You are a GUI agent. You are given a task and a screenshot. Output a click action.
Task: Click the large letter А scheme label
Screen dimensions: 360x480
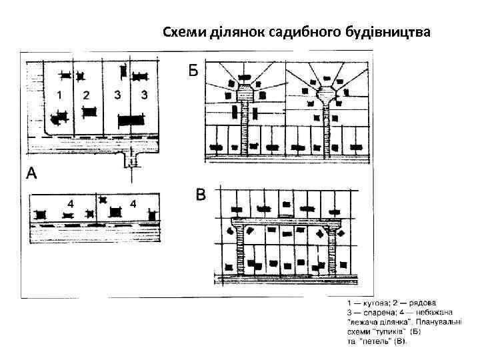pyautogui.click(x=32, y=175)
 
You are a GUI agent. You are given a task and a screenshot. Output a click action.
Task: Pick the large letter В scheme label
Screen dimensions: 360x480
pyautogui.click(x=201, y=195)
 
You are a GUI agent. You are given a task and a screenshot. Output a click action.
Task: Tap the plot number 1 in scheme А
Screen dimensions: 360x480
pyautogui.click(x=60, y=95)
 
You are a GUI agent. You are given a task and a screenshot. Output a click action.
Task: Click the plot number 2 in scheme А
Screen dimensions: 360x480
pyautogui.click(x=85, y=95)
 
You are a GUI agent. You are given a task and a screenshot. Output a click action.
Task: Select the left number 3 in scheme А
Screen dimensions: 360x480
pyautogui.click(x=118, y=95)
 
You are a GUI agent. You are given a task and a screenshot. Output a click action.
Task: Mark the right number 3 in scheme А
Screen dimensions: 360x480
pyautogui.click(x=144, y=95)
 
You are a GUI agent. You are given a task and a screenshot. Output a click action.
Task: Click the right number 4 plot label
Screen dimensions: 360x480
pyautogui.click(x=133, y=202)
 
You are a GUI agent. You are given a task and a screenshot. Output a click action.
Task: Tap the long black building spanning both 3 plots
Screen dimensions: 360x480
pyautogui.click(x=131, y=120)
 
